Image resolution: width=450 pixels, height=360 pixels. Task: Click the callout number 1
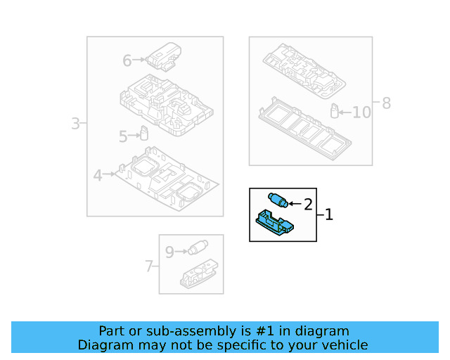(x=329, y=214)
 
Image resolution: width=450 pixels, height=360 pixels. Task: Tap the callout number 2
(x=308, y=205)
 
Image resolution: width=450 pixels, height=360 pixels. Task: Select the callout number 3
(x=75, y=124)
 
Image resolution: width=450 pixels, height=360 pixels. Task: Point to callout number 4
(x=98, y=175)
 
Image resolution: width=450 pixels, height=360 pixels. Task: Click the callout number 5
(x=123, y=136)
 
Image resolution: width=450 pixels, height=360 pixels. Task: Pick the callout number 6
(x=127, y=60)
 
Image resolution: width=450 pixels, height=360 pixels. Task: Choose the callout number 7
(x=148, y=266)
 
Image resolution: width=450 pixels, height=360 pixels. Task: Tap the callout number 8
(x=386, y=103)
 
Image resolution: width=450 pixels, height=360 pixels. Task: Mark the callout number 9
(x=169, y=252)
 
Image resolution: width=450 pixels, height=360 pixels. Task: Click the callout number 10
(x=361, y=112)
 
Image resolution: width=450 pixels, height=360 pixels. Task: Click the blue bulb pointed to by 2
(x=278, y=200)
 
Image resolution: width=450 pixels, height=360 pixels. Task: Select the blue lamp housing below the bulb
(x=275, y=223)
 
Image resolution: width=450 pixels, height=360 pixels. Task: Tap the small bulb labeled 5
(x=143, y=133)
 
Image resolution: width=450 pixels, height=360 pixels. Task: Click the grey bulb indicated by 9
(x=198, y=247)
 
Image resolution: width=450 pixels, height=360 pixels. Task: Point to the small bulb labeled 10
(x=335, y=111)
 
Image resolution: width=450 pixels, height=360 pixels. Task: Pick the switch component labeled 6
(x=164, y=56)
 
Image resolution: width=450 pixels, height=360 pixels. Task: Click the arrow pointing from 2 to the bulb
(x=295, y=203)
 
